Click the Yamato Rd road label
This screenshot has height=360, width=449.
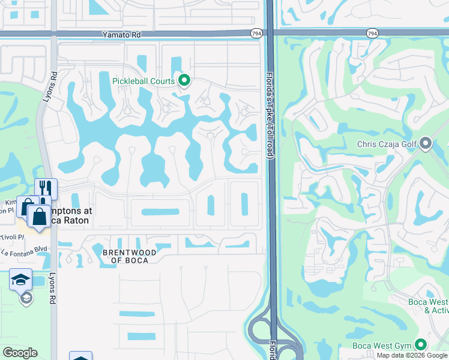coord(121,35)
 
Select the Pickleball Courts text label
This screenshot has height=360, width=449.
coord(143,81)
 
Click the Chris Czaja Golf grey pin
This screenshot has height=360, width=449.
coord(426,143)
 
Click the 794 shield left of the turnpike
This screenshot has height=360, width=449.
coord(257,34)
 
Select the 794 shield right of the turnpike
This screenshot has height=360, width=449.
coord(373,34)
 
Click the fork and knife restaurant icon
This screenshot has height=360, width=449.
coord(46,189)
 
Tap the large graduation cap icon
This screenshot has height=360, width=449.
coord(20,279)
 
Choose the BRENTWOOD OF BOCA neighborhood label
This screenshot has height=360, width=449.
coord(130,256)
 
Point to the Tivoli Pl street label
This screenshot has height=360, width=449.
coord(12,236)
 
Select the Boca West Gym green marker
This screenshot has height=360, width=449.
coord(421,345)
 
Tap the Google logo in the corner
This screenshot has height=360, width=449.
coord(20,353)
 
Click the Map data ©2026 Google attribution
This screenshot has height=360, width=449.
coord(412,355)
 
